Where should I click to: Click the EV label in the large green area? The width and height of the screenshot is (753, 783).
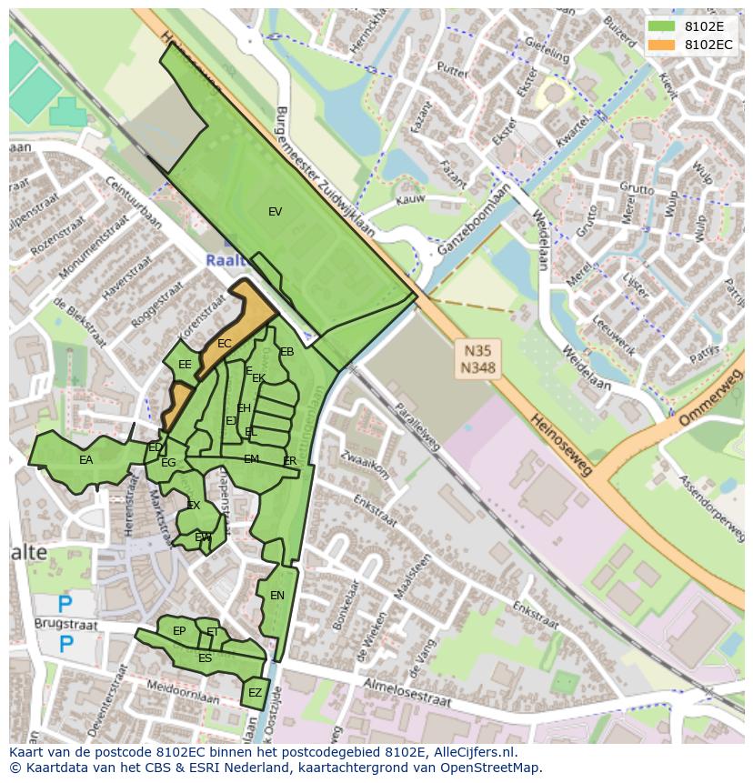275,212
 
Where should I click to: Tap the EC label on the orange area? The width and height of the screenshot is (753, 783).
224,344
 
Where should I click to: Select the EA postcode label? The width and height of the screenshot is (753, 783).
85,460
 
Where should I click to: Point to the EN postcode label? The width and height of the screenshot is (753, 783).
277,596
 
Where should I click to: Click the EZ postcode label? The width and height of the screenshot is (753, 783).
255,693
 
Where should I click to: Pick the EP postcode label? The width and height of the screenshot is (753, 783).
179,631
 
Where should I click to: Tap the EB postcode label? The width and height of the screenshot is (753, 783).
287,352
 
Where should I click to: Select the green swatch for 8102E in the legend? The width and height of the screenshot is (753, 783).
660,25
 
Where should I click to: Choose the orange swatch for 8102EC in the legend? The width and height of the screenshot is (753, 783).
660,44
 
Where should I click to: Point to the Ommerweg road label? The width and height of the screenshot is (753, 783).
710,404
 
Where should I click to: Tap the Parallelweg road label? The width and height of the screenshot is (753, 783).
417,427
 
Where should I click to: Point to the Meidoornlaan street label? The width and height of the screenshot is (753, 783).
183,693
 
